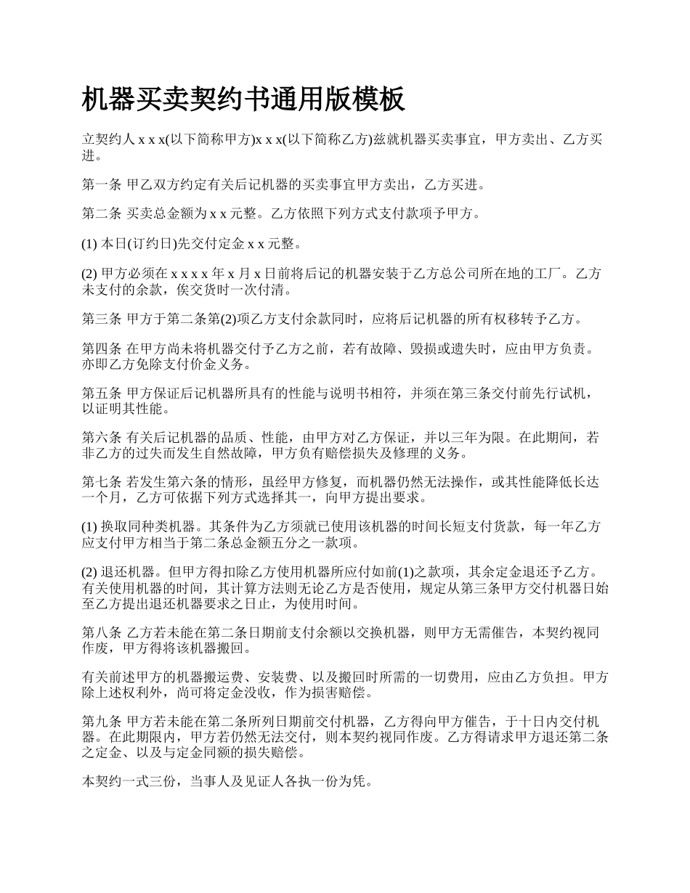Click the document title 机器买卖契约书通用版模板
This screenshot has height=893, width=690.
click(243, 99)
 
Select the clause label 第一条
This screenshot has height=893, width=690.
click(102, 185)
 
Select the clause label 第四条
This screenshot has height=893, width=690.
click(102, 349)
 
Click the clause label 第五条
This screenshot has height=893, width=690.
click(102, 394)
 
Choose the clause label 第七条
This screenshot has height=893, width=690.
click(102, 484)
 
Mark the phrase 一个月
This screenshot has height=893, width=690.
click(105, 498)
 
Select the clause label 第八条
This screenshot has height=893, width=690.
click(102, 632)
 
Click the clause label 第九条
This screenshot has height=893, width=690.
click(102, 722)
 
